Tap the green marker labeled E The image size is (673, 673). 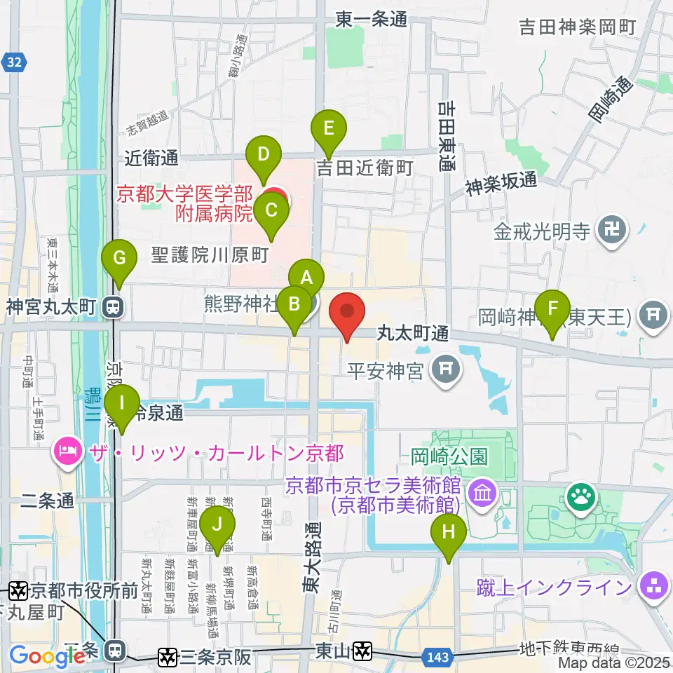[x=329, y=129]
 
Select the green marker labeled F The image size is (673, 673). [x=553, y=308]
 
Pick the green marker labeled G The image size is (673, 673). [x=119, y=259]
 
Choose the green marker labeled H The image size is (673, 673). [x=449, y=533]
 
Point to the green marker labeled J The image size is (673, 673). [x=217, y=525]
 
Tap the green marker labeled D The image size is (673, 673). [x=264, y=155]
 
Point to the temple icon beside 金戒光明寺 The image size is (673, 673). [x=611, y=232]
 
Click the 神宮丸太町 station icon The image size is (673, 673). [x=111, y=307]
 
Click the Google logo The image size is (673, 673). [x=47, y=656]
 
